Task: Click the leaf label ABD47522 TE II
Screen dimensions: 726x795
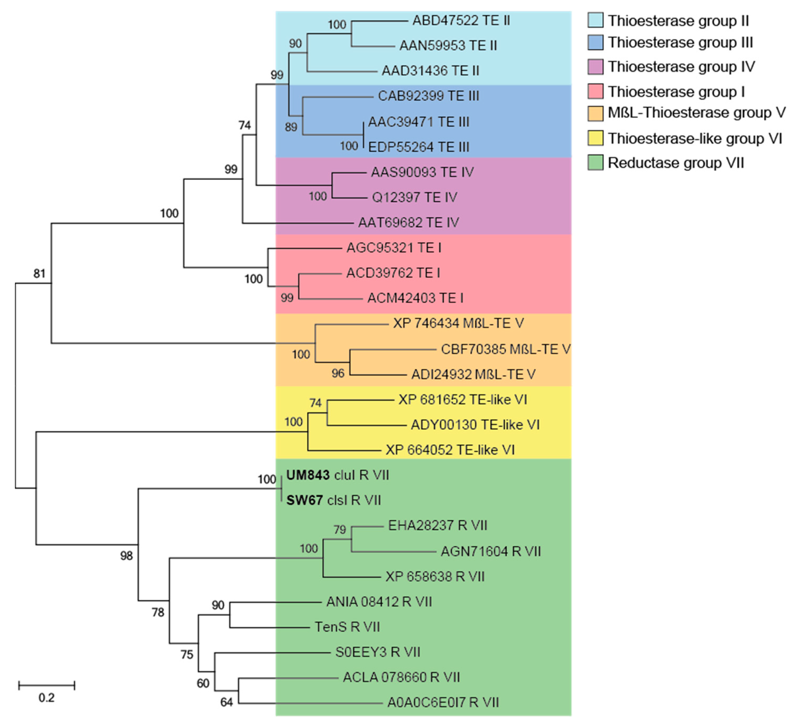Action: [x=461, y=21]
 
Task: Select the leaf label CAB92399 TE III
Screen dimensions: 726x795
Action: [x=428, y=96]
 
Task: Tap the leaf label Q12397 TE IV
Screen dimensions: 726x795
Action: [x=414, y=197]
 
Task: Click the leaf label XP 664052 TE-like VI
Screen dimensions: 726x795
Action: [x=450, y=450]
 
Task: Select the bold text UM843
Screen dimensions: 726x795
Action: [x=308, y=475]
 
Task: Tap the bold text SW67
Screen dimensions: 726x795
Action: [x=304, y=500]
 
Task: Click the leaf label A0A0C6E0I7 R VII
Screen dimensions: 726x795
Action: [x=443, y=702]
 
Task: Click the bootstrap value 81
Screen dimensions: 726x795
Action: [x=39, y=273]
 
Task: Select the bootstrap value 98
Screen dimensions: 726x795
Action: [x=126, y=556]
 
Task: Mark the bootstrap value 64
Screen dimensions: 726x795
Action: [x=226, y=702]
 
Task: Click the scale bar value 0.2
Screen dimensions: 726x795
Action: [x=47, y=698]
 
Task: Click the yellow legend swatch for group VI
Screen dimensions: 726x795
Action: [x=595, y=138]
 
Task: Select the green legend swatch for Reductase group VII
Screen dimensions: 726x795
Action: [x=595, y=162]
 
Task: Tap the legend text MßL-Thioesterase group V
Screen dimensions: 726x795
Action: [x=696, y=113]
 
